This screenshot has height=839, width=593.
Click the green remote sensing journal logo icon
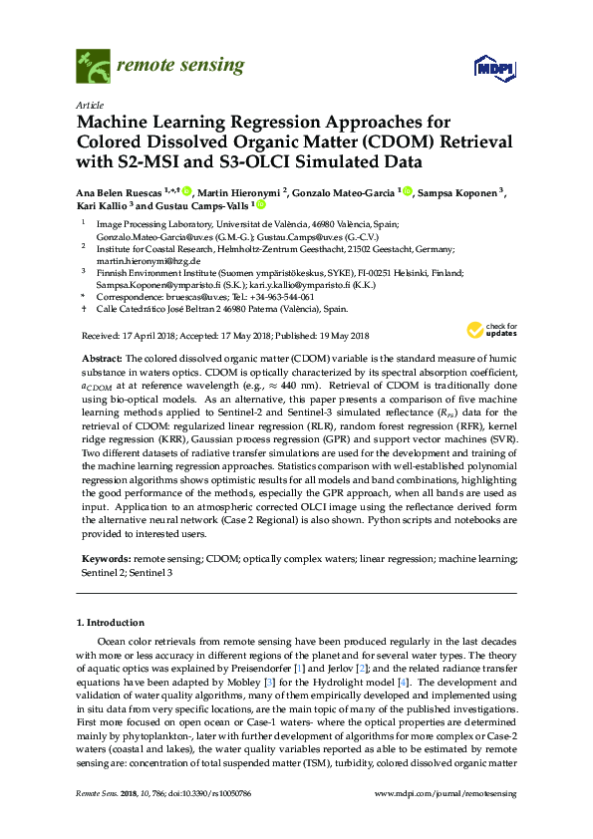pyautogui.click(x=93, y=67)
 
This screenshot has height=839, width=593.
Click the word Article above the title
pyautogui.click(x=89, y=105)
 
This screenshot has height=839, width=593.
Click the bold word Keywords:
pyautogui.click(x=104, y=562)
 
